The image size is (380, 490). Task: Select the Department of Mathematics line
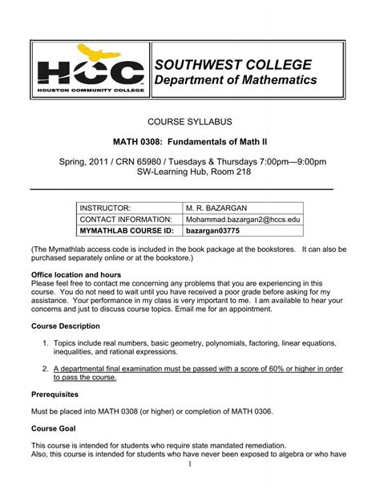(236, 80)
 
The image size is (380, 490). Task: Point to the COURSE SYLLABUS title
(189, 121)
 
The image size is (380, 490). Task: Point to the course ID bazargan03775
(213, 232)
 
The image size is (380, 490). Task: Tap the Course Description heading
(66, 326)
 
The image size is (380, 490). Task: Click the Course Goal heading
(54, 429)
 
